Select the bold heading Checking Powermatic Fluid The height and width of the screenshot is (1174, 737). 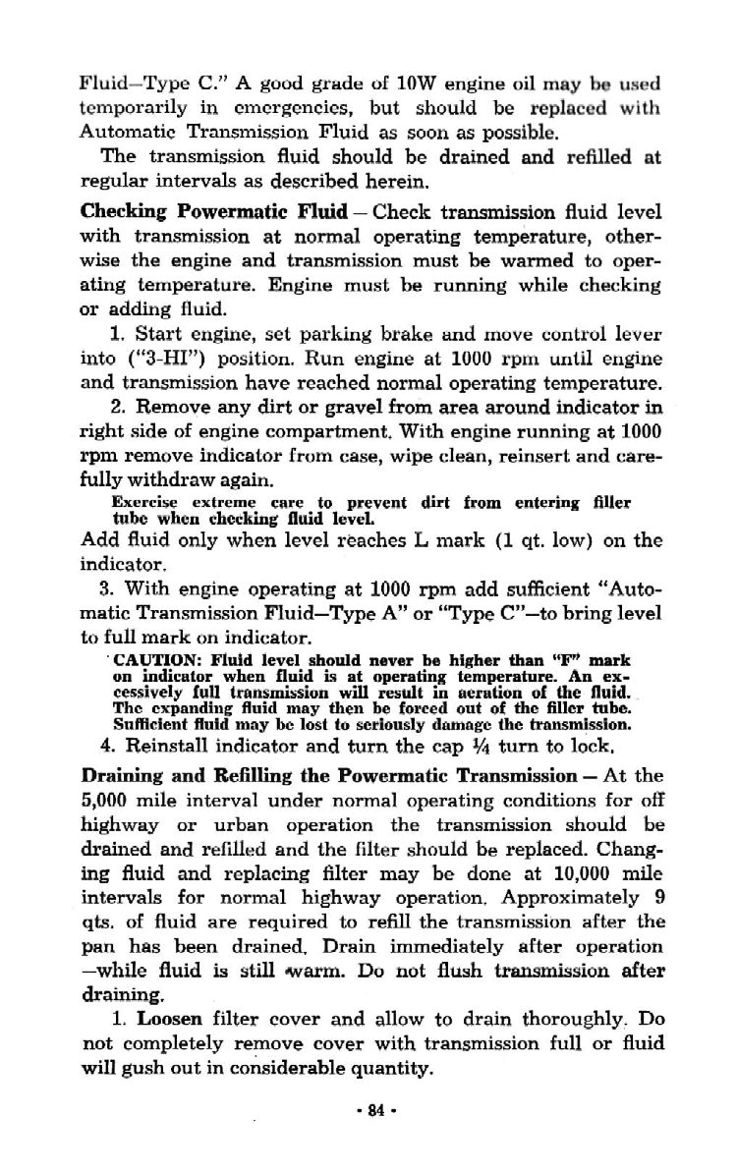click(213, 211)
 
